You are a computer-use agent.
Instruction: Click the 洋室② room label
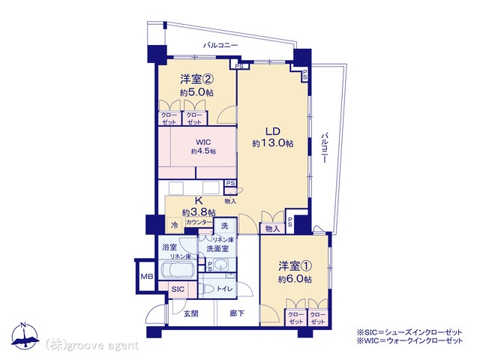(x=196, y=79)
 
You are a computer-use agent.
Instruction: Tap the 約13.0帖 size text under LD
(x=273, y=143)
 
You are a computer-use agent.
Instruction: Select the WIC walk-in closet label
(x=203, y=142)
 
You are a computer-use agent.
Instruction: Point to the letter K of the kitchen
(x=199, y=201)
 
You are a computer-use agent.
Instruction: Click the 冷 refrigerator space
(x=175, y=226)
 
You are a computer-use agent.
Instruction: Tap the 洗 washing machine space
(x=225, y=226)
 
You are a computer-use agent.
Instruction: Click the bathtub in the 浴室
(x=178, y=270)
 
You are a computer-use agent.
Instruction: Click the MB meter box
(x=147, y=277)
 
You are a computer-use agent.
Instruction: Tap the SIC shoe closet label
(x=178, y=289)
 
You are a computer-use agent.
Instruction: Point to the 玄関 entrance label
(x=191, y=313)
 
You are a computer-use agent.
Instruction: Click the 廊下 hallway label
(x=237, y=313)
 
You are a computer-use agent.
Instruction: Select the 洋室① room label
(x=295, y=265)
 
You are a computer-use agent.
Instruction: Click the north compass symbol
(x=25, y=336)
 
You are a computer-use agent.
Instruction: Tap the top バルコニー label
(x=220, y=45)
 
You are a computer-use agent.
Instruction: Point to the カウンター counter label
(x=199, y=222)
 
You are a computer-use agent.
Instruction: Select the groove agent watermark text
(x=92, y=346)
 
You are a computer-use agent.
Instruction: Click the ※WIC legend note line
(x=409, y=340)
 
